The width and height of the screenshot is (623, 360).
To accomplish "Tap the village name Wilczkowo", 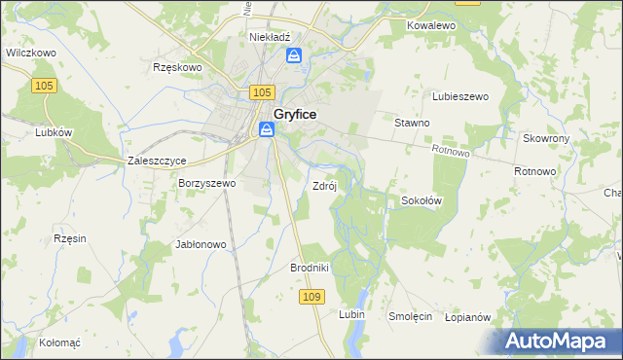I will pyautogui.click(x=28, y=54).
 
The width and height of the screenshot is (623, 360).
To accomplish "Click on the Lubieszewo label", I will pyautogui.click(x=459, y=96).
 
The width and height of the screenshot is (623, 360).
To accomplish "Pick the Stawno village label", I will pyautogui.click(x=412, y=123).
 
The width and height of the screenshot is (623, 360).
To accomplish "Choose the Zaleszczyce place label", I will pyautogui.click(x=157, y=161).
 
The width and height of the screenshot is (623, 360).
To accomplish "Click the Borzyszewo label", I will pyautogui.click(x=206, y=182).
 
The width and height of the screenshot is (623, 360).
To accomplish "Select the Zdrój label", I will pyautogui.click(x=324, y=185).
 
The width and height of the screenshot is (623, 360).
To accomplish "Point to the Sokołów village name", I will pyautogui.click(x=422, y=200).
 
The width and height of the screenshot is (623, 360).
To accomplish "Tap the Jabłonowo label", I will pyautogui.click(x=201, y=244).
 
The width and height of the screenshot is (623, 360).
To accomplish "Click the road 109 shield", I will pyautogui.click(x=311, y=296).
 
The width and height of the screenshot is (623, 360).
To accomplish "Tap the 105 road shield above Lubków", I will pyautogui.click(x=44, y=87).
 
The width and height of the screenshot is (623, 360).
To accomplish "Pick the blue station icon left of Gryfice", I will pyautogui.click(x=266, y=128).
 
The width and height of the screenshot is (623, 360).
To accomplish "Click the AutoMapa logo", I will pyautogui.click(x=560, y=342).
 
